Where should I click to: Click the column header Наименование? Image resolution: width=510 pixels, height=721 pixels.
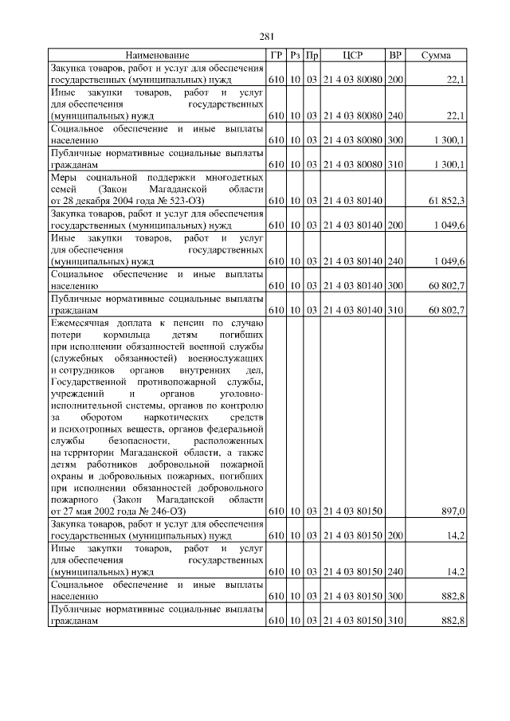[x=158, y=55]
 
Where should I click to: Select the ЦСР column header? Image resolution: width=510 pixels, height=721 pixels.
[x=352, y=55]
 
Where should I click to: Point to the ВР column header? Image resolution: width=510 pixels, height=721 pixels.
[x=394, y=55]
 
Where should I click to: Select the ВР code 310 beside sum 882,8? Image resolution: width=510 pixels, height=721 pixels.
[x=394, y=621]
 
